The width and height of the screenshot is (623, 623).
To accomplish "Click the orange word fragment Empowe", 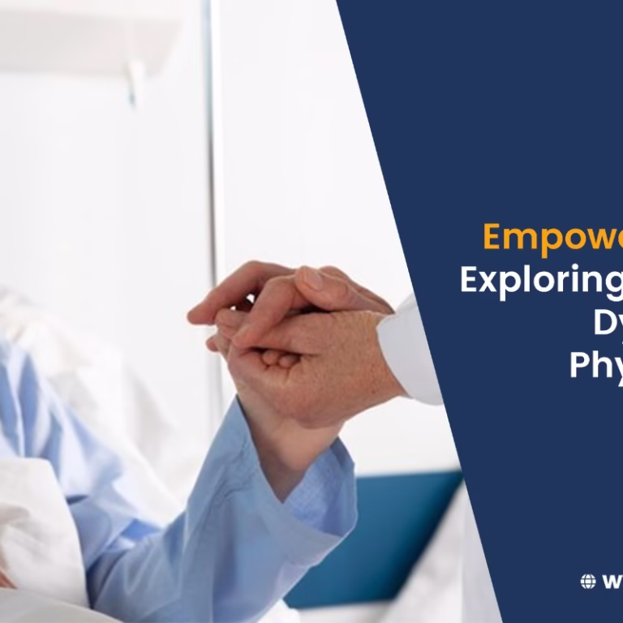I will tap(552, 237).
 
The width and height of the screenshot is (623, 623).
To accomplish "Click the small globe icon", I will tap(588, 581).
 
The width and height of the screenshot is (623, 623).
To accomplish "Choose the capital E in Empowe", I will tap(494, 237).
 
